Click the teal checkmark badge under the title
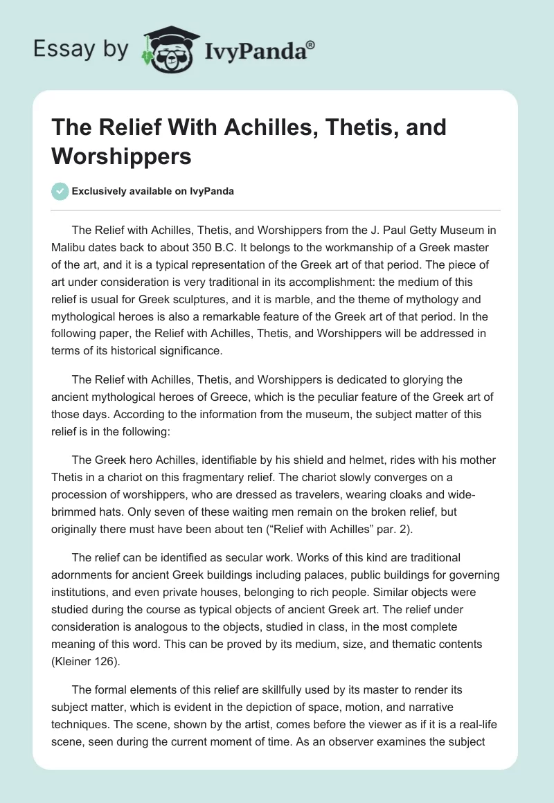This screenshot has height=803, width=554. coord(60,191)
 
